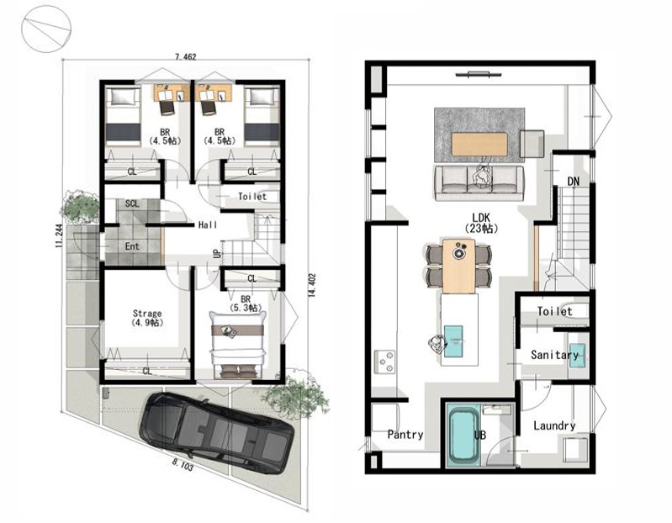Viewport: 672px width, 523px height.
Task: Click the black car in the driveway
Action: (x=216, y=433)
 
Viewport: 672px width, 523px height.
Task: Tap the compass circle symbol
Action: (x=46, y=29)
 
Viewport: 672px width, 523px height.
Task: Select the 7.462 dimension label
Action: (x=186, y=56)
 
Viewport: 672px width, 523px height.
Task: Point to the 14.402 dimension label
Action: (x=312, y=285)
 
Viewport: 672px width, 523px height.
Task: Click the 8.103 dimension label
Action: (x=183, y=465)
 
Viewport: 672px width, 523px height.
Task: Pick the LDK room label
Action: (x=481, y=218)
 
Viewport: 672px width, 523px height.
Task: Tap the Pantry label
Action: (x=405, y=435)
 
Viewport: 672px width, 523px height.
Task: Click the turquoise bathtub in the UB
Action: (x=463, y=436)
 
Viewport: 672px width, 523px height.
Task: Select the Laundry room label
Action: (x=554, y=425)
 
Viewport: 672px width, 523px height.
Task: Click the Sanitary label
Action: (x=554, y=355)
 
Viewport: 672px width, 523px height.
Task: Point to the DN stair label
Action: (x=574, y=182)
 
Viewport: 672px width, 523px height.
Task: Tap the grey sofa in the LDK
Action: (x=479, y=183)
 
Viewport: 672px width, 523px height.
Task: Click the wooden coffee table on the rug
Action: (x=479, y=144)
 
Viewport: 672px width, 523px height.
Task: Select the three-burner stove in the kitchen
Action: (x=385, y=362)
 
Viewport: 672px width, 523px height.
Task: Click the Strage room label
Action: (x=147, y=313)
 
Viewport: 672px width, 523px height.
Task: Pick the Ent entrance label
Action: (x=132, y=246)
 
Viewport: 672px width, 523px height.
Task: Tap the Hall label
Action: (x=208, y=225)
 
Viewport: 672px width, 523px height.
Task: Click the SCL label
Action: (x=132, y=203)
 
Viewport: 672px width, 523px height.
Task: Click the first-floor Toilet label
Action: (x=252, y=197)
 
